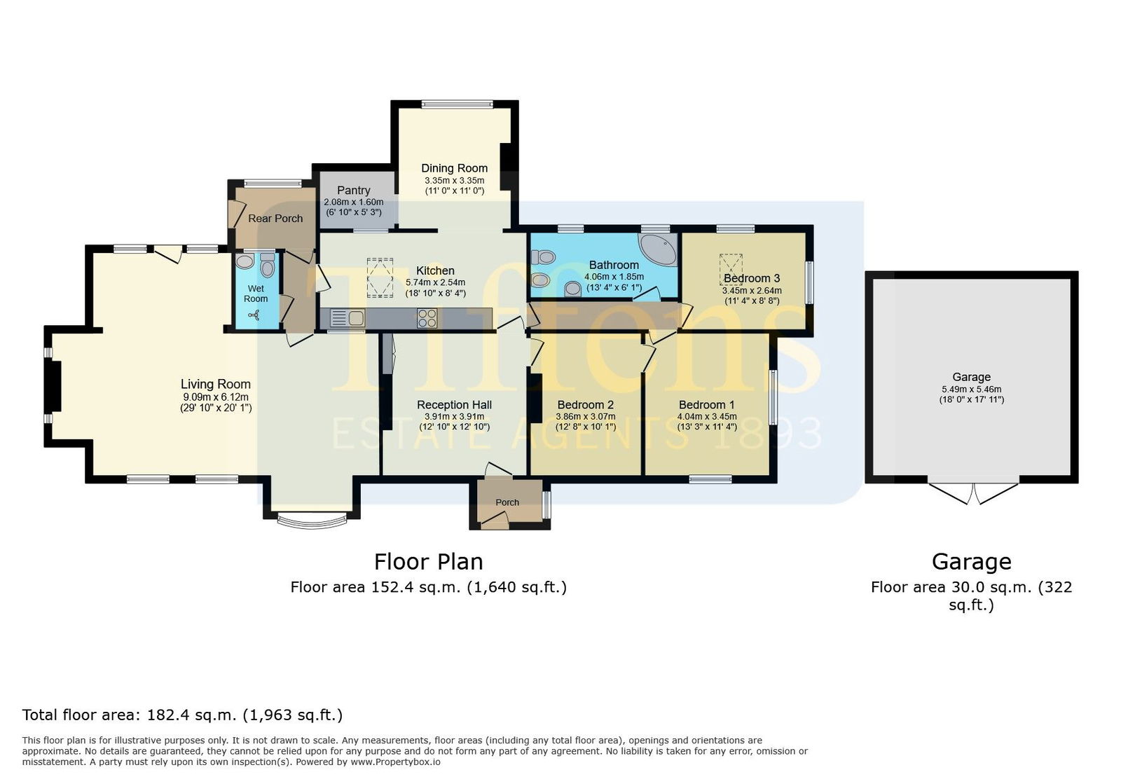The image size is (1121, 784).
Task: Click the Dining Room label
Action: pyautogui.click(x=455, y=169)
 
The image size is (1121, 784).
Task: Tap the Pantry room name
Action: pyautogui.click(x=354, y=190)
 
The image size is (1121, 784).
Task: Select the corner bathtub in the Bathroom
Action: pyautogui.click(x=659, y=249)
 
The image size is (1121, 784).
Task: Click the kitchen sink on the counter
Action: pyautogui.click(x=348, y=318)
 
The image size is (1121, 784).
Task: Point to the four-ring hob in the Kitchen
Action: pyautogui.click(x=427, y=318)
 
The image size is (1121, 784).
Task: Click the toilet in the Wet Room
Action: pyautogui.click(x=268, y=265)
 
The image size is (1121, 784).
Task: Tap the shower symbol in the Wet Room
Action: pyautogui.click(x=256, y=315)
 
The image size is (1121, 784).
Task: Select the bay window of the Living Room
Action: pyautogui.click(x=312, y=521)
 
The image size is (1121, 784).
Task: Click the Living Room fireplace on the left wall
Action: pyautogui.click(x=53, y=386)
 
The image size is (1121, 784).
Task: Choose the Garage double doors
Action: pyautogui.click(x=973, y=493)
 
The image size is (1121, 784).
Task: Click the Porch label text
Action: pyautogui.click(x=507, y=502)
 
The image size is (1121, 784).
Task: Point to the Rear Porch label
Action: pyautogui.click(x=276, y=219)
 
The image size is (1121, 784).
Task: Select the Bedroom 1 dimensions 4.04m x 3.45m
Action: pyautogui.click(x=707, y=416)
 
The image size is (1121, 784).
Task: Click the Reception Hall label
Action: pyautogui.click(x=455, y=405)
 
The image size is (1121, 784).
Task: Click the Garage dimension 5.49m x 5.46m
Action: pyautogui.click(x=971, y=390)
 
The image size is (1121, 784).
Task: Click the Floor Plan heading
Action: pyautogui.click(x=429, y=561)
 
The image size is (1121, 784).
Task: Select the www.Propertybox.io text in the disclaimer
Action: pyautogui.click(x=395, y=762)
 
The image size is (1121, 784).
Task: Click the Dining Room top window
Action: pyautogui.click(x=458, y=104)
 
